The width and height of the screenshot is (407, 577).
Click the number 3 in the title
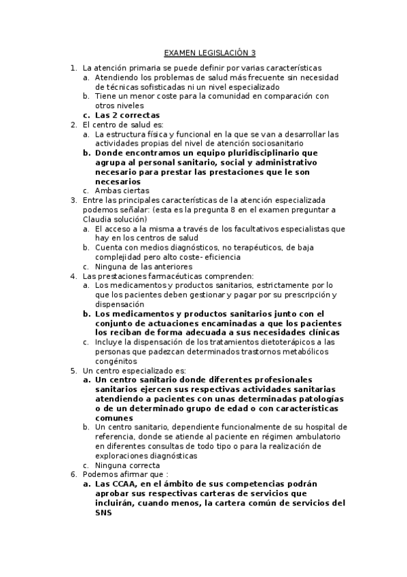coord(253,52)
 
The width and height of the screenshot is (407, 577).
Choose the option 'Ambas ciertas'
coord(122,191)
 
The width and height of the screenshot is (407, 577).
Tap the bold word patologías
coord(315,398)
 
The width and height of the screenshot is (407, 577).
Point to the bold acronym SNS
coord(105,514)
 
